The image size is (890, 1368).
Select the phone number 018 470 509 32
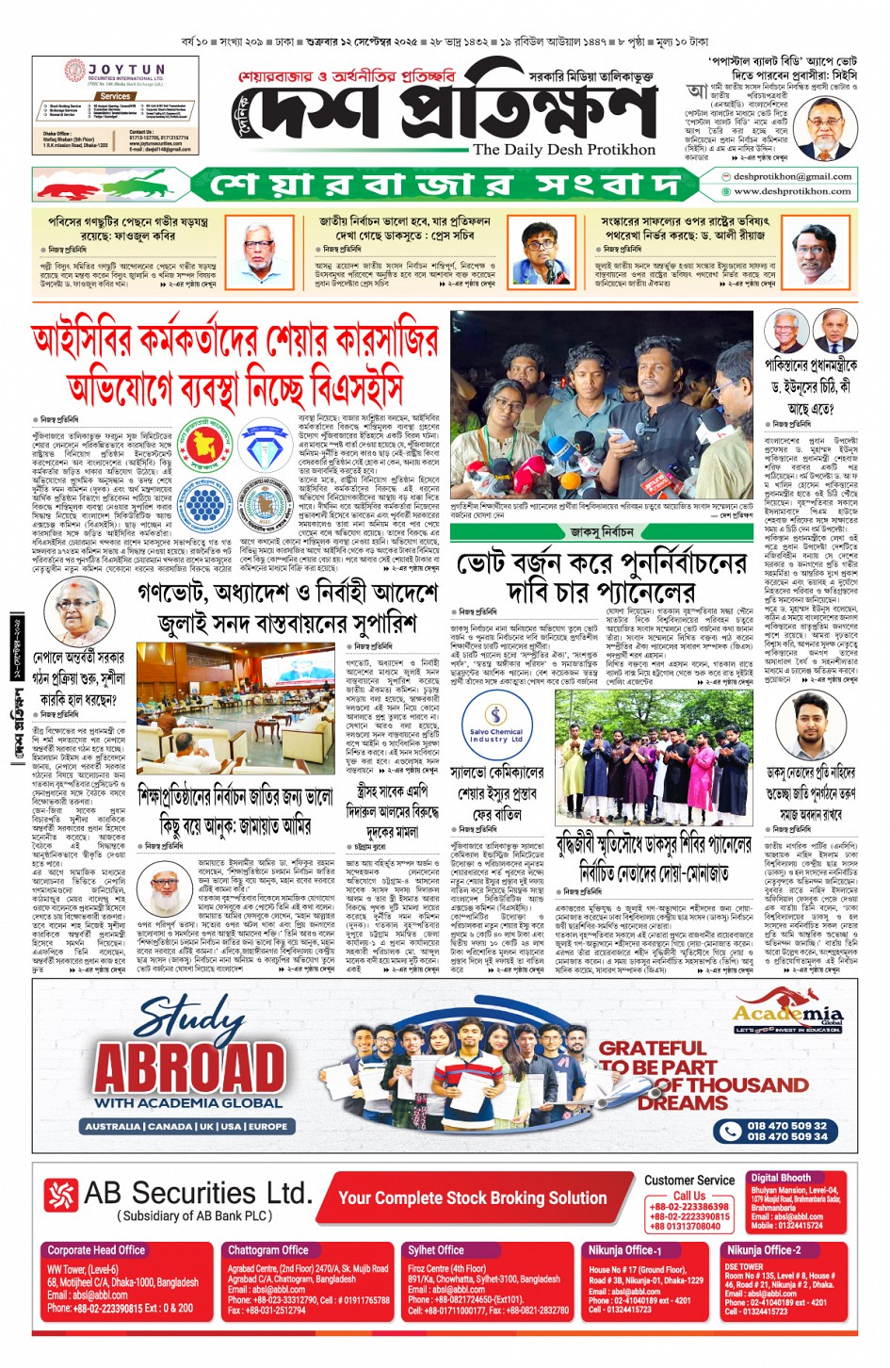pyautogui.click(x=786, y=1125)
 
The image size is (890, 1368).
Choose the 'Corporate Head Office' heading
pyautogui.click(x=96, y=1250)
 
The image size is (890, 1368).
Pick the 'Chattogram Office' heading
pyautogui.click(x=267, y=1250)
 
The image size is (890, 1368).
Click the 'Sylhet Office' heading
pyautogui.click(x=435, y=1250)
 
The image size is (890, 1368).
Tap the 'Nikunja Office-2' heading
pyautogui.click(x=763, y=1250)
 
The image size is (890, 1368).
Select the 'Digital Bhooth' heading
pyautogui.click(x=780, y=1178)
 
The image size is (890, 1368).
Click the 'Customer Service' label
pyautogui.click(x=689, y=1180)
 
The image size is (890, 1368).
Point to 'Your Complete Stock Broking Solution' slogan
pyautogui.click(x=472, y=1198)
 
